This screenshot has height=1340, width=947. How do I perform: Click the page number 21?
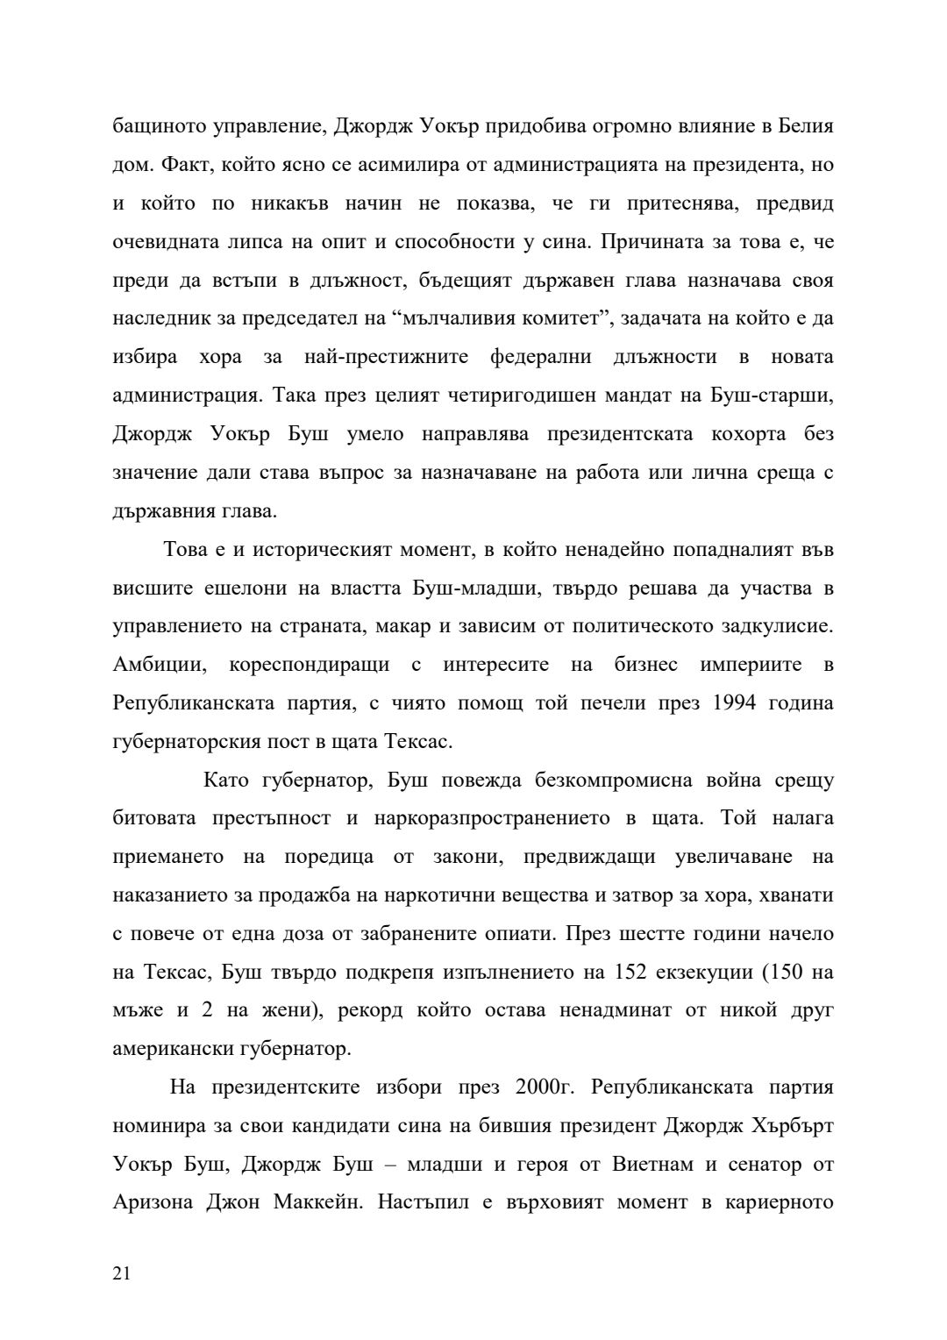coord(122,1274)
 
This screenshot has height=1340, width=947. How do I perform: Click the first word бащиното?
coord(155,126)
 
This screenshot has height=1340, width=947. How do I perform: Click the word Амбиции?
coord(160,665)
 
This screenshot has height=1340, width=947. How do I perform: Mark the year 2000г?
coord(538,1087)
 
